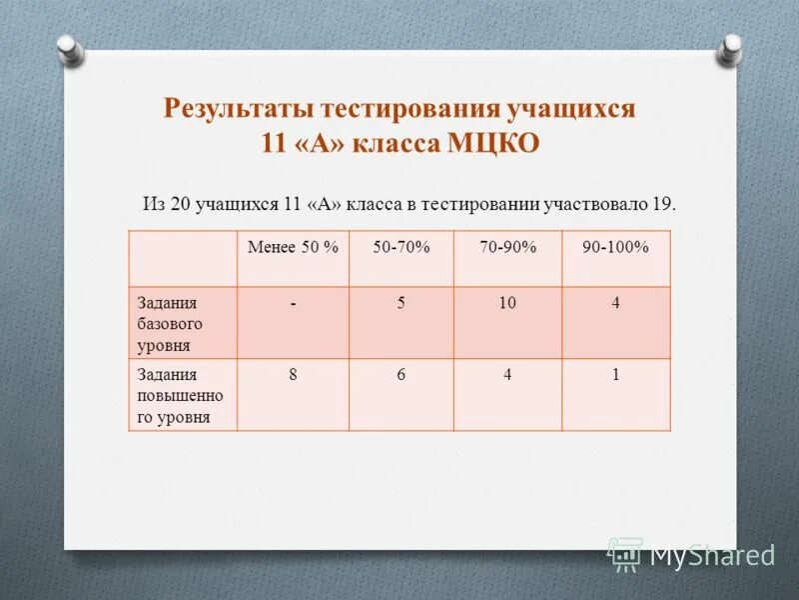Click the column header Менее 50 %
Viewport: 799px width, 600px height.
[293, 247]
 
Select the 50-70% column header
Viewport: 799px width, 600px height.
[401, 247]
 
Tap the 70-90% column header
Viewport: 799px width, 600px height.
[507, 247]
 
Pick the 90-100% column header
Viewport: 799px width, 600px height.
[615, 247]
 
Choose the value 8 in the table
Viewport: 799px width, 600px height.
[293, 375]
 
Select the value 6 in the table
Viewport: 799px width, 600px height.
[401, 375]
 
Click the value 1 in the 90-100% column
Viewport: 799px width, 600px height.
[615, 375]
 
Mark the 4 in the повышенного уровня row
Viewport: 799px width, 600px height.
[507, 375]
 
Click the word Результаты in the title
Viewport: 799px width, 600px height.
[227, 108]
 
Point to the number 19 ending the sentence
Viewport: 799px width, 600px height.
[663, 204]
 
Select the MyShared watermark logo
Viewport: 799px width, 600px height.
[691, 555]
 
